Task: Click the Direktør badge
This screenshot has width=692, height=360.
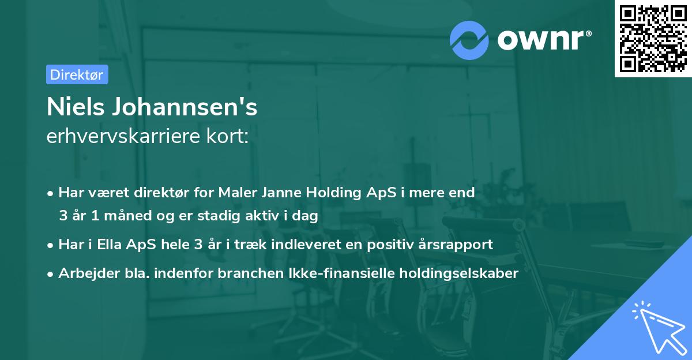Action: (77, 74)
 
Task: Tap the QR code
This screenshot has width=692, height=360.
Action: (652, 38)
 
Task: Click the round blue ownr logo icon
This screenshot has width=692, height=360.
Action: (469, 40)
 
